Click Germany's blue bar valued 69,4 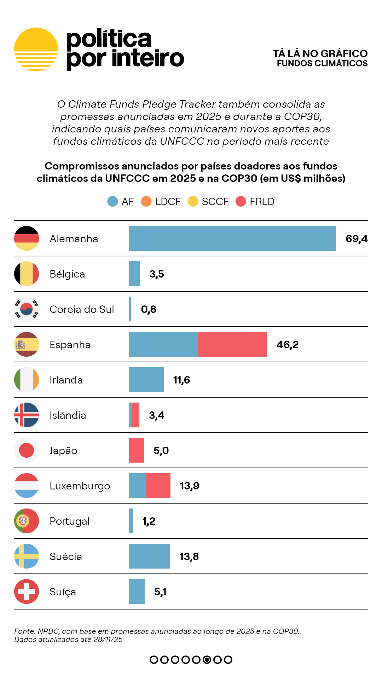232,238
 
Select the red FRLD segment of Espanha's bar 232,344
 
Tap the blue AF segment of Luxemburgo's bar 138,486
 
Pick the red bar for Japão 137,450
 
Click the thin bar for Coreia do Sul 130,309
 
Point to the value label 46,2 287,345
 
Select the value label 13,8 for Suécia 189,557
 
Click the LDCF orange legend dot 146,201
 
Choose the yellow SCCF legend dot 193,201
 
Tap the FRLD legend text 262,202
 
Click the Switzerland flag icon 27,591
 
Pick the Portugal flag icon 27,521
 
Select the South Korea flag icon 27,309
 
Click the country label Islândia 68,415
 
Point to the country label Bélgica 67,274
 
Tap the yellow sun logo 36,49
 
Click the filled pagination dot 207,660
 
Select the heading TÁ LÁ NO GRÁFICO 320,53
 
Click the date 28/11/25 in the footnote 108,640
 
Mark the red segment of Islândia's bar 135,415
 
